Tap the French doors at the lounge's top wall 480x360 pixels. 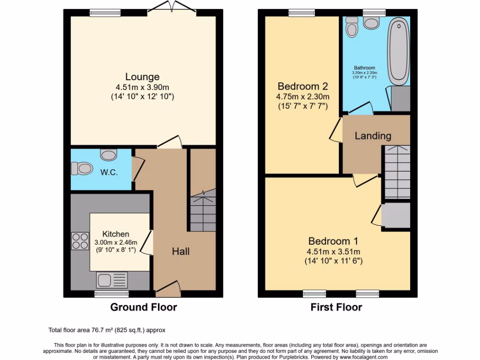point(170,7)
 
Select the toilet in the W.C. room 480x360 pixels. point(81,168)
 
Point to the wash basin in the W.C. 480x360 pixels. point(108,154)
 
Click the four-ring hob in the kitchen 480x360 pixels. point(80,241)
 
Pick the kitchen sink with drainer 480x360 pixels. point(112,280)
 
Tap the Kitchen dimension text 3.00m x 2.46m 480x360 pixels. point(116,242)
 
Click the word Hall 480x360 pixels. point(180,252)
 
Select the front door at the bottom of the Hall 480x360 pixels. point(168,289)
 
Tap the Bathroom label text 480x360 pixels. point(364,68)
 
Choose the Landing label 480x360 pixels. point(373,136)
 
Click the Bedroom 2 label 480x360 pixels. point(302,87)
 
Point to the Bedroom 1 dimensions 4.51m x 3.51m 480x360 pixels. point(333,251)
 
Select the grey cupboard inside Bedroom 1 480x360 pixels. point(396,216)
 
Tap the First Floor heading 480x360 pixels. point(336,307)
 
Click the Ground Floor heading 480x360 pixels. point(143,307)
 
